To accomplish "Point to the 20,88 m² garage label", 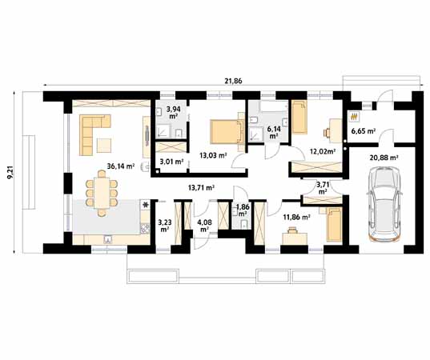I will (384, 158).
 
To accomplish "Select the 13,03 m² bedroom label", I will (212, 156).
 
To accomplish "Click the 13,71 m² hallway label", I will (200, 187).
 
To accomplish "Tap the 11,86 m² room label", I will (297, 216).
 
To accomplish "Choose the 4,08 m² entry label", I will (204, 225).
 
